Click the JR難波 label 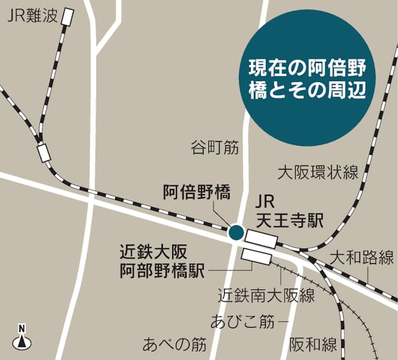pyautogui.click(x=31, y=16)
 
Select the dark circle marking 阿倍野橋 pyautogui.click(x=235, y=233)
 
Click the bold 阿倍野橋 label pyautogui.click(x=197, y=192)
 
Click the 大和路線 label pyautogui.click(x=361, y=256)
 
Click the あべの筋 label pyautogui.click(x=175, y=344)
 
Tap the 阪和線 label pyautogui.click(x=313, y=344)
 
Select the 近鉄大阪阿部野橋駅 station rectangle pyautogui.click(x=256, y=255)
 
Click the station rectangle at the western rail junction pyautogui.click(x=43, y=152)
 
